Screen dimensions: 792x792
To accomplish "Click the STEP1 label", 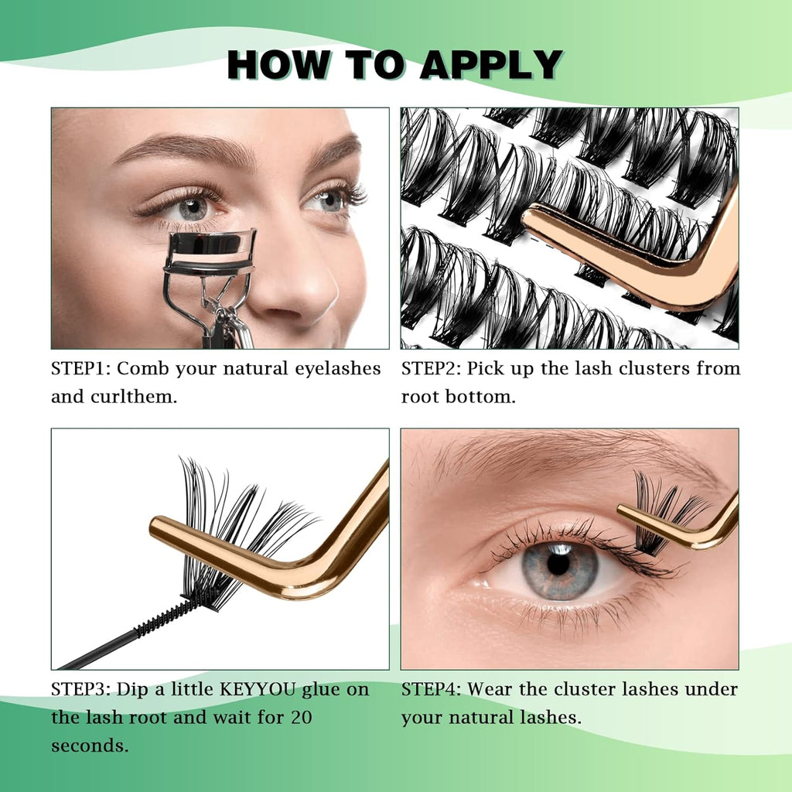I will point(80,369).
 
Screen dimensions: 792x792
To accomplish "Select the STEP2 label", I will point(431,369).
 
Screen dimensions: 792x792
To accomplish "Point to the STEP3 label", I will point(80,689).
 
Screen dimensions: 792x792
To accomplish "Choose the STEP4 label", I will point(431,689).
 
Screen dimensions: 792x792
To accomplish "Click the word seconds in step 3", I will point(89,746).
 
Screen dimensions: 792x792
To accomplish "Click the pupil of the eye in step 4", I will point(558,564).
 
